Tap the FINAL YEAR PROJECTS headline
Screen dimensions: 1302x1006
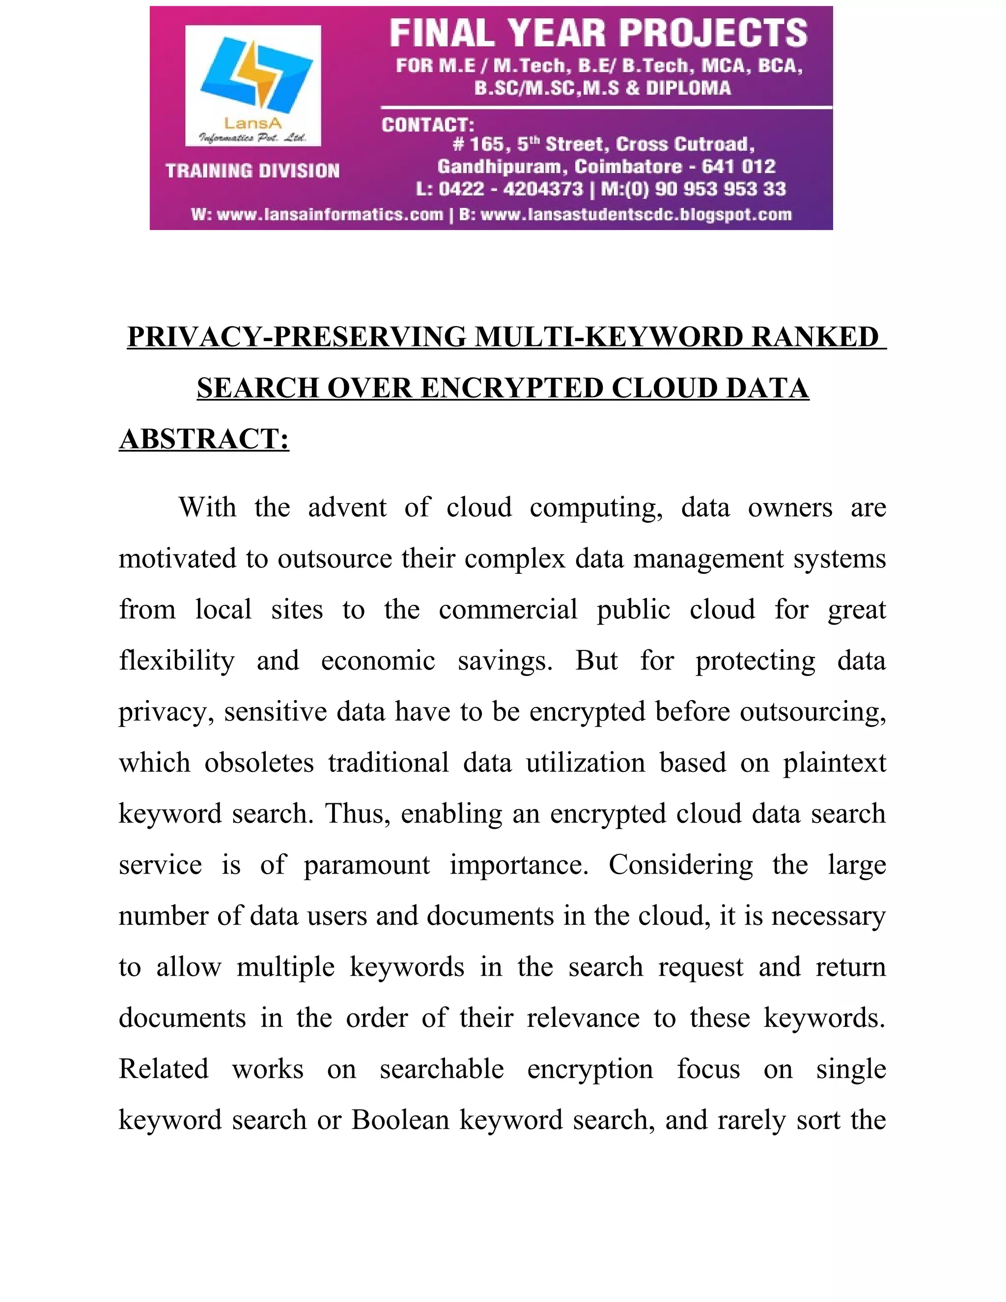[598, 33]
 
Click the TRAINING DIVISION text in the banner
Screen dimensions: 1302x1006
[252, 171]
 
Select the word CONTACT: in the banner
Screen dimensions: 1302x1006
[427, 125]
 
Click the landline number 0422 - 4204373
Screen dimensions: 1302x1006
[510, 190]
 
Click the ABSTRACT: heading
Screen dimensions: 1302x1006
[204, 439]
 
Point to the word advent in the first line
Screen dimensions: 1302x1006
[347, 508]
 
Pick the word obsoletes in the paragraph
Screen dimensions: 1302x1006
[259, 763]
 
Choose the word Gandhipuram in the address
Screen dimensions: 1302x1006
[500, 167]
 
